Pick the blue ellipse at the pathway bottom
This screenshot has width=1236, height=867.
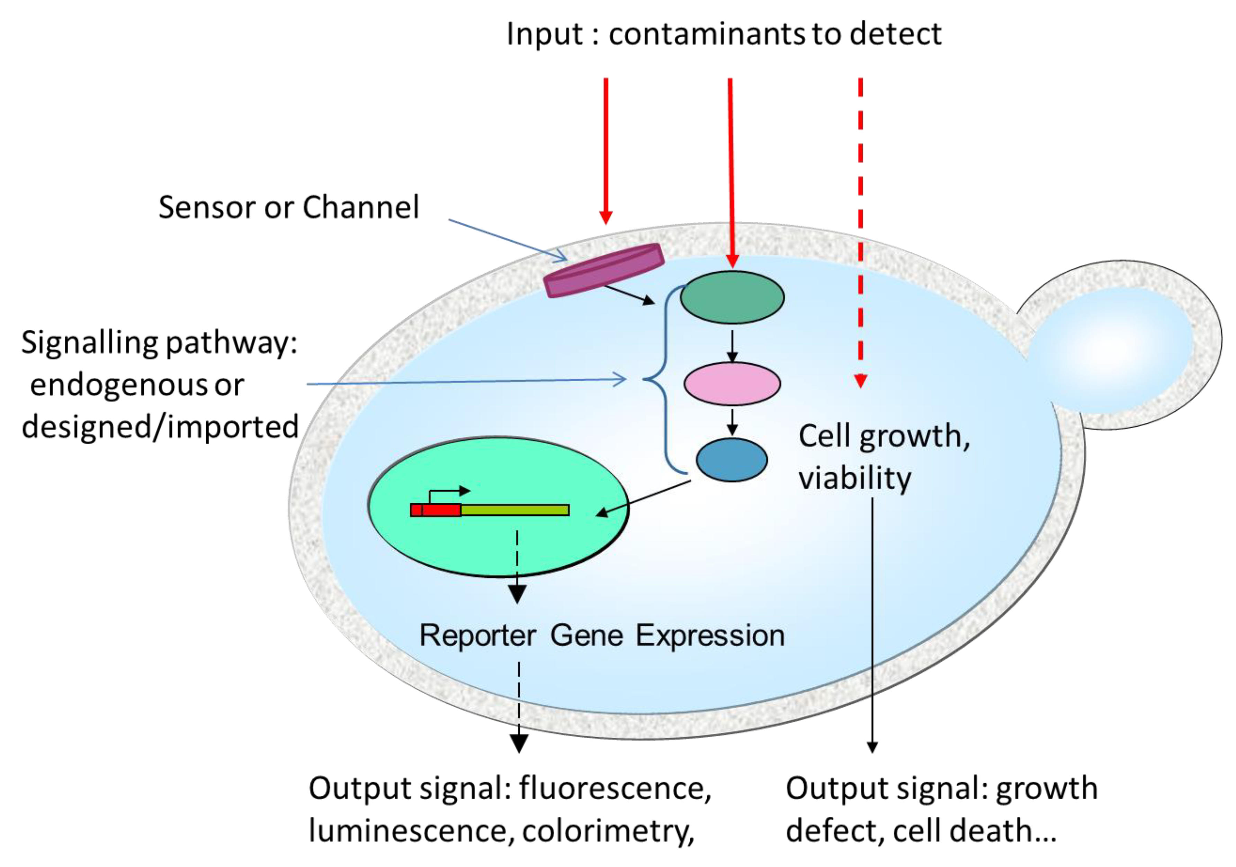(731, 459)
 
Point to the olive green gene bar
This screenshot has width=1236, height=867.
(514, 509)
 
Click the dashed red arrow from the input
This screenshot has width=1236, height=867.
(860, 231)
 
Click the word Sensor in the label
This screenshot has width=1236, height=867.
(207, 208)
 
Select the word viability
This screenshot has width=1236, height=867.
(854, 479)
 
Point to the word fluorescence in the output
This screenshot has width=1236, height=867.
(614, 789)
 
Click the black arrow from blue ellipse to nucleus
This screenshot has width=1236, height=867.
(643, 498)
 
